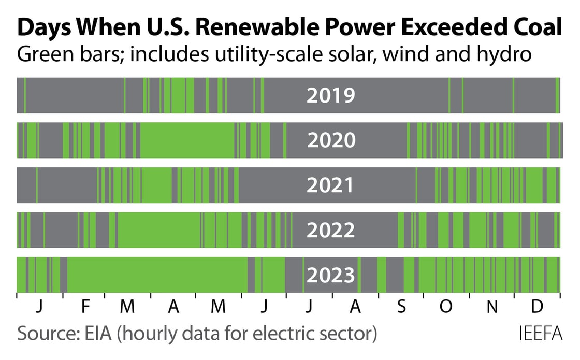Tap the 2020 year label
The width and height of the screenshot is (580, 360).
pos(331,140)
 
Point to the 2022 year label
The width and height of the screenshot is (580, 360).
pos(330,230)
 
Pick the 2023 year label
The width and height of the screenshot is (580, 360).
pos(330,275)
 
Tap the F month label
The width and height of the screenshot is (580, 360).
pos(85,307)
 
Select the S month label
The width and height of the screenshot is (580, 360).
pos(401,307)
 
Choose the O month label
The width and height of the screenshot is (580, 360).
pos(445,307)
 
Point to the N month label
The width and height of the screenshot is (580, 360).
pos(492,307)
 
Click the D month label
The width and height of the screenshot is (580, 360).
pos(537,307)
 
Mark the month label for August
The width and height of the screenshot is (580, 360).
pos(355,307)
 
